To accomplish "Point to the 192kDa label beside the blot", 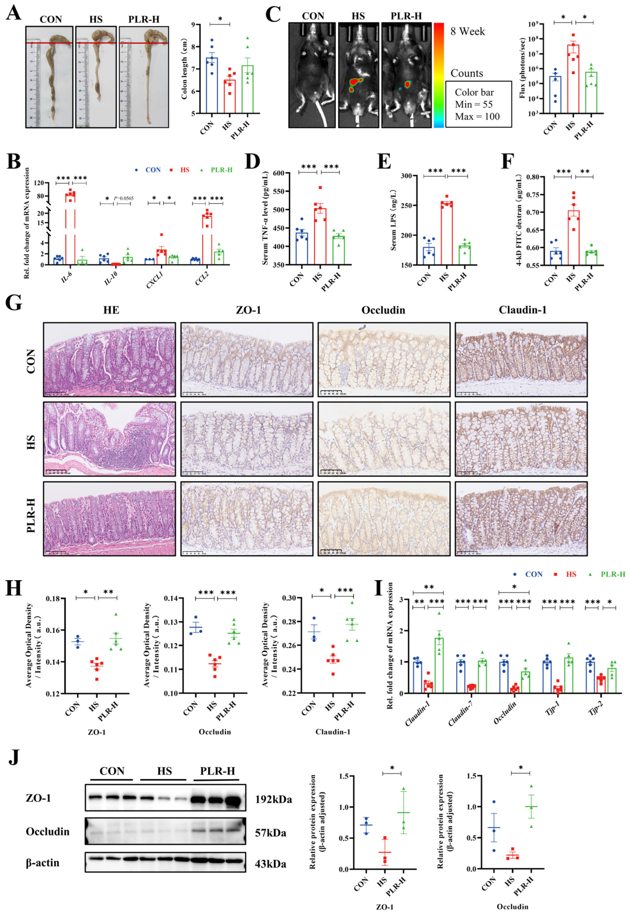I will coord(273,800).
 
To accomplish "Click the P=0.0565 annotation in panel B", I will coord(123,198).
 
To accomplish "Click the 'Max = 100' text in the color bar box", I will coord(477,116).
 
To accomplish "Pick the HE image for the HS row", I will coord(109,439).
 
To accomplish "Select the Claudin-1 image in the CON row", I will coord(521,360).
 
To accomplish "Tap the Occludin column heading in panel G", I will coord(383,310).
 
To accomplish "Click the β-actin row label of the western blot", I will coord(43,863).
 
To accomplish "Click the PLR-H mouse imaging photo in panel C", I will coord(406,75).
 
